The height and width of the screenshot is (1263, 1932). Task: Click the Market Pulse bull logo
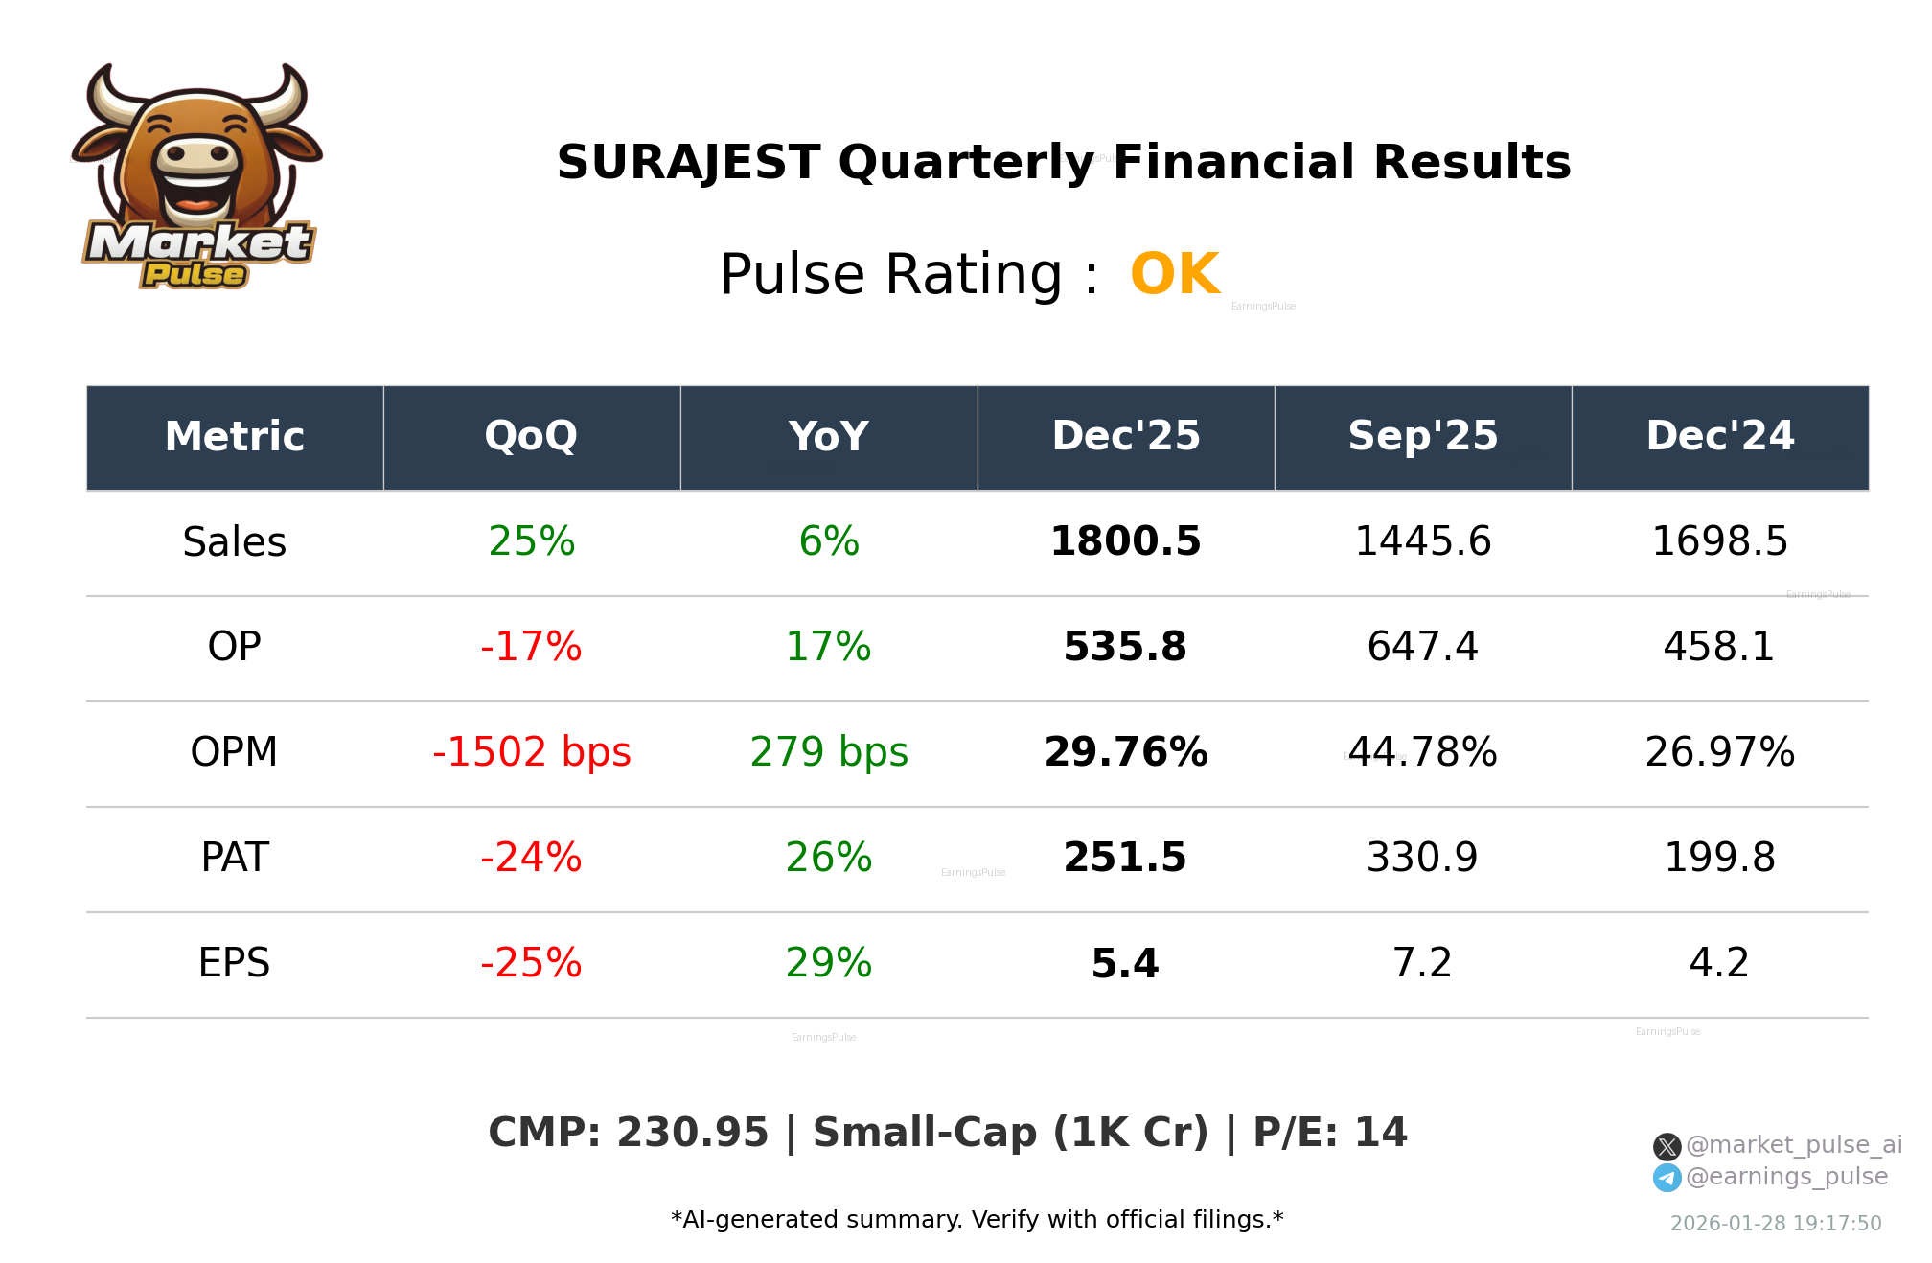click(x=196, y=177)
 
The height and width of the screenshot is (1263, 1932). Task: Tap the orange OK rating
click(x=1174, y=275)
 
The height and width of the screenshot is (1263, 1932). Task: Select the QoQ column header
click(x=531, y=437)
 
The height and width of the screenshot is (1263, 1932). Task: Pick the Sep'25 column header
click(x=1422, y=437)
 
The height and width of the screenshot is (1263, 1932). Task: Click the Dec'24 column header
click(x=1719, y=437)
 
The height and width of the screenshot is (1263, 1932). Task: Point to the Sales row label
click(x=235, y=542)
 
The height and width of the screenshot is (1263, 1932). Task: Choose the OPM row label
click(x=235, y=752)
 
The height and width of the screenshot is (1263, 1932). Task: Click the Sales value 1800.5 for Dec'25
click(x=1125, y=542)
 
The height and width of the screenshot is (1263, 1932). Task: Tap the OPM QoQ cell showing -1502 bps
click(x=531, y=752)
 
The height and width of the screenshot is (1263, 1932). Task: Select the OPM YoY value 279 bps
click(x=829, y=752)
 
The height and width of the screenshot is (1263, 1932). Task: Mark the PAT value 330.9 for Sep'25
click(x=1422, y=858)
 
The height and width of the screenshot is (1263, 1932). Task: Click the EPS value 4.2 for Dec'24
click(x=1719, y=963)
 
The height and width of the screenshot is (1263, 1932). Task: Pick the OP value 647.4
click(x=1422, y=648)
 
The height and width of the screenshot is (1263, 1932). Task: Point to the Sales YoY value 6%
click(x=829, y=542)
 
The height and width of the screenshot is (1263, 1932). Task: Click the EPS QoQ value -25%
click(x=531, y=963)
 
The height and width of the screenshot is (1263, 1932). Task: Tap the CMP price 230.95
click(x=692, y=1133)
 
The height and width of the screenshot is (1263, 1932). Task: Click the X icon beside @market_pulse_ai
click(x=1667, y=1146)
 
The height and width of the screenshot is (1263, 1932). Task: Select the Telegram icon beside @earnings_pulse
click(x=1667, y=1178)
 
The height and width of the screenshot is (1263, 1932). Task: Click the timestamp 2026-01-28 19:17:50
click(x=1776, y=1224)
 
